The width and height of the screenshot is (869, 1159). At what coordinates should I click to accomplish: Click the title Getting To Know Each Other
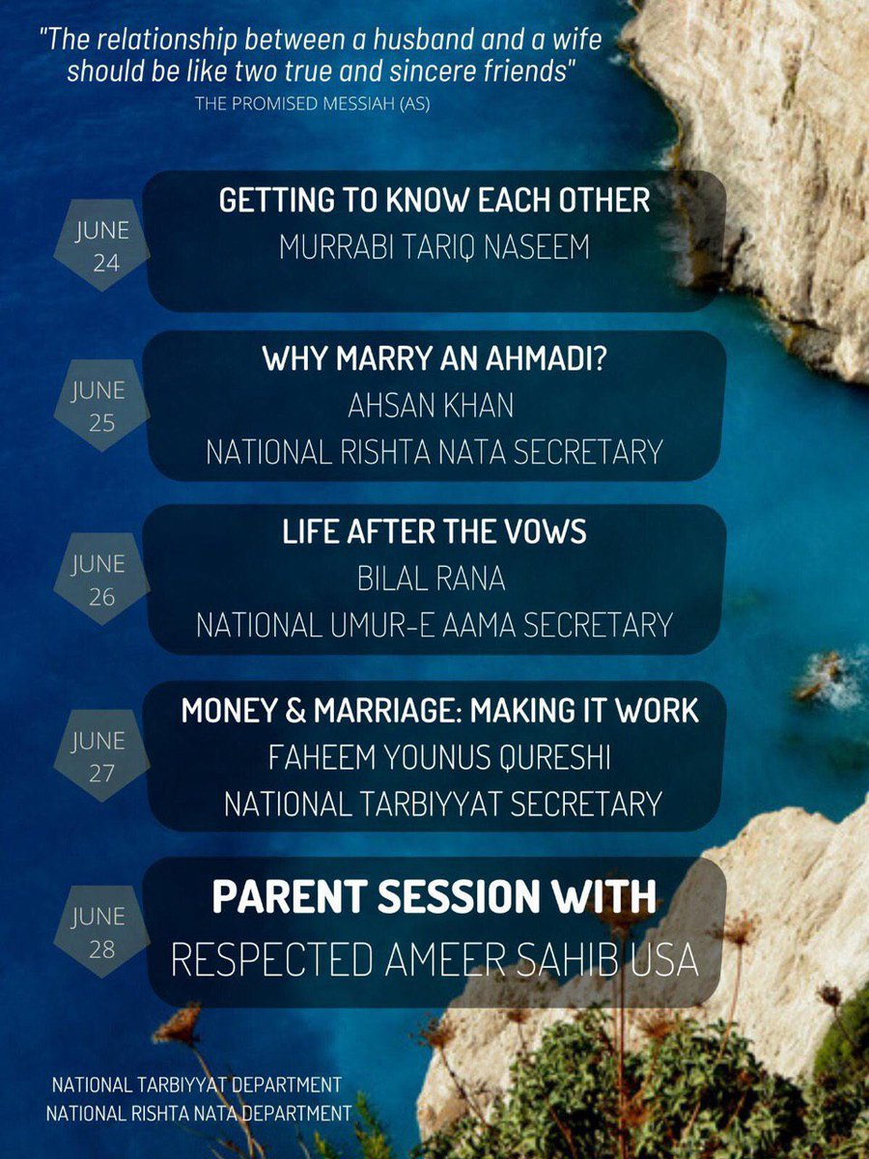(434, 201)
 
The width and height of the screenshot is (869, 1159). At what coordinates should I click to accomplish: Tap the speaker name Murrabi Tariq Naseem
(434, 247)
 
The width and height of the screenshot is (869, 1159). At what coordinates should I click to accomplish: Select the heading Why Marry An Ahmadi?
(434, 360)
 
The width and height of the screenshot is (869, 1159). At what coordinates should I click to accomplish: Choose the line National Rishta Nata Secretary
(434, 451)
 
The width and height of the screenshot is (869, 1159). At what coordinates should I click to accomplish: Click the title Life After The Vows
(434, 533)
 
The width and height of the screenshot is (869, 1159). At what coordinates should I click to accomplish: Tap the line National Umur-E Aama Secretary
(434, 625)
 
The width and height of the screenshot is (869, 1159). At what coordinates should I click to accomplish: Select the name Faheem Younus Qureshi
(434, 758)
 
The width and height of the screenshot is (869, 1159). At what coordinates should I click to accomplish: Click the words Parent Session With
(434, 897)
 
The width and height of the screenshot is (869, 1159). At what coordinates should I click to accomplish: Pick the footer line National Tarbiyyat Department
(196, 1085)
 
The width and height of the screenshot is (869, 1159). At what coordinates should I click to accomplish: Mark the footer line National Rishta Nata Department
(199, 1114)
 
